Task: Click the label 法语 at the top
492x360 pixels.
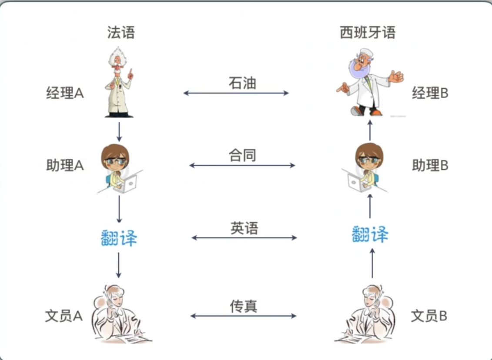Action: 121,33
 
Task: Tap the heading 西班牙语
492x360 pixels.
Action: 368,33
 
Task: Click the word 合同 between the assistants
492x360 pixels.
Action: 242,155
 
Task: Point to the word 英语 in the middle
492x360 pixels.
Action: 244,228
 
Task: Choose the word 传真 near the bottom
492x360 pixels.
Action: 244,306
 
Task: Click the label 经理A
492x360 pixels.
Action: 65,93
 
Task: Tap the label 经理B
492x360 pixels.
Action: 430,93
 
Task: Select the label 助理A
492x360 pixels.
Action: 65,165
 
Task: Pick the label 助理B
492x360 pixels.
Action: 430,165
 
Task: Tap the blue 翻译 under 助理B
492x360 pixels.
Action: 370,235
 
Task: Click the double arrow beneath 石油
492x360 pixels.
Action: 236,93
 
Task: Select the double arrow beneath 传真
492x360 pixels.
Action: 244,316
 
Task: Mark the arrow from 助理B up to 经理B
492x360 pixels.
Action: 370,130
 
